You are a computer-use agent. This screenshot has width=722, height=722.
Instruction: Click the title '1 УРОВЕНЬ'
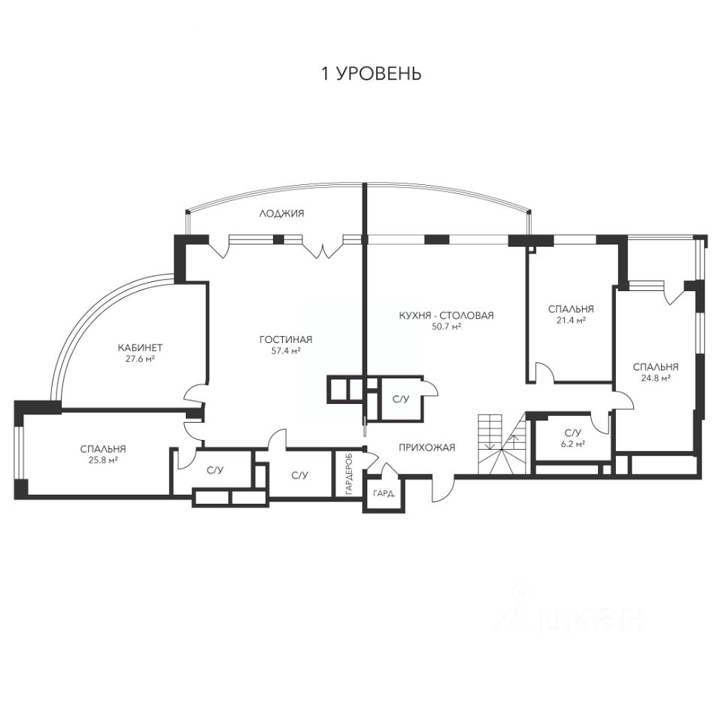click(x=371, y=74)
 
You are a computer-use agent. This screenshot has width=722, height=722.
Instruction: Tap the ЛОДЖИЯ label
click(x=282, y=214)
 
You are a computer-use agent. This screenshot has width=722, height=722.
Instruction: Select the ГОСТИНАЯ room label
click(x=286, y=340)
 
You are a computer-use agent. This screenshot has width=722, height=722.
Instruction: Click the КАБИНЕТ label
click(x=140, y=347)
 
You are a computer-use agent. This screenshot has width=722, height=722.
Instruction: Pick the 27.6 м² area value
click(x=140, y=358)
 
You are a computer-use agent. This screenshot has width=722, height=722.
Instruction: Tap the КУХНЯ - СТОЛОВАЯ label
click(x=446, y=315)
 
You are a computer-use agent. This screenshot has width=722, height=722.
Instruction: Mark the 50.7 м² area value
click(x=446, y=326)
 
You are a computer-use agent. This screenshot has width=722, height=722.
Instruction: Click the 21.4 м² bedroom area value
click(x=571, y=320)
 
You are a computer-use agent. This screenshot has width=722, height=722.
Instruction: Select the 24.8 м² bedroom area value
click(x=655, y=378)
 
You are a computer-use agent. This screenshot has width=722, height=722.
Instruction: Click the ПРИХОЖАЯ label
click(x=427, y=447)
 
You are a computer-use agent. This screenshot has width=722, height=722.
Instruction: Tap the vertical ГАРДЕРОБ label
click(x=349, y=475)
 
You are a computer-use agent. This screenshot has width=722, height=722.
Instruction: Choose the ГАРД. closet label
click(x=384, y=493)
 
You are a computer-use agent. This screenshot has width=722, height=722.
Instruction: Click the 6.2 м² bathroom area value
click(x=573, y=444)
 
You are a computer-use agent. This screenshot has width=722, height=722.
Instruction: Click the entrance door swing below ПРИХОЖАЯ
click(x=443, y=488)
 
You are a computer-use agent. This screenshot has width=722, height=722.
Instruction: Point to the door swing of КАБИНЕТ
click(x=196, y=393)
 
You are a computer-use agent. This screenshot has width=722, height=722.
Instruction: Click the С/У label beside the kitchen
click(x=400, y=399)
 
